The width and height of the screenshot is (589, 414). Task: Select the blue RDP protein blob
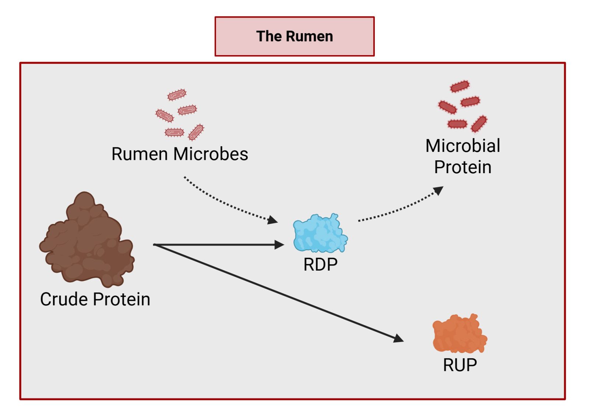click(320, 234)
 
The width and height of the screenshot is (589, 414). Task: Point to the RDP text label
click(320, 264)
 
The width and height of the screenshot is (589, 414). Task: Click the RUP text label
click(460, 365)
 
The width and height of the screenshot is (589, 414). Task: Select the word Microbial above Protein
click(463, 146)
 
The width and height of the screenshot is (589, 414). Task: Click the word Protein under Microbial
click(463, 167)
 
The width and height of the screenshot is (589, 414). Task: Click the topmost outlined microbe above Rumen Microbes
click(177, 95)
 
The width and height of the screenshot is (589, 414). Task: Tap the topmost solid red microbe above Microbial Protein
click(460, 86)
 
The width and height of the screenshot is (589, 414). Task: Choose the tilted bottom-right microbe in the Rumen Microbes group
click(196, 132)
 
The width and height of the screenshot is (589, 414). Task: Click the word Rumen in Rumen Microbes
click(140, 154)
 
